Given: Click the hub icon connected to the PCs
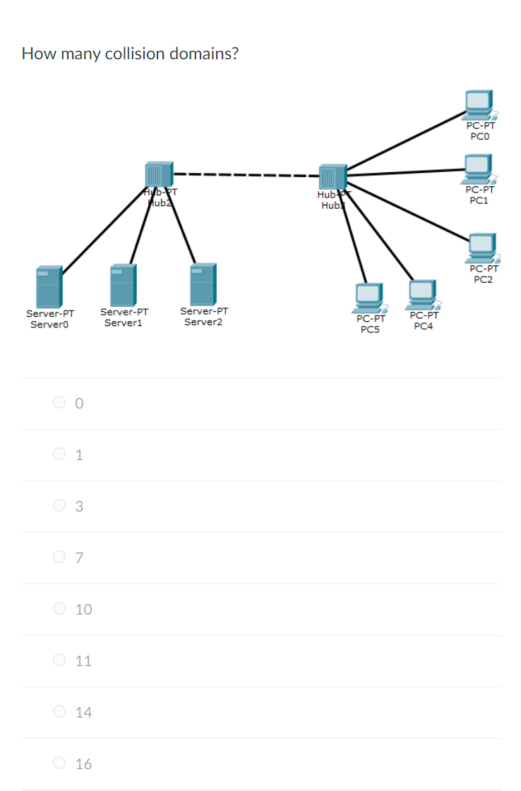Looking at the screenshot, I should (332, 177).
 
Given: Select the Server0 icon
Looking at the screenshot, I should (49, 286).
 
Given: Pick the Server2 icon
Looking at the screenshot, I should (203, 284).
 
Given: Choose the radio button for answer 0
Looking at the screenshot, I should (59, 403).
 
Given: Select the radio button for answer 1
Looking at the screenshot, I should (59, 454).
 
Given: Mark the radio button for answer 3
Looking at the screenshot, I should (59, 506).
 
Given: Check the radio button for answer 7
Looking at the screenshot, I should (59, 557).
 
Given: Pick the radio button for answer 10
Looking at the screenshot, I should (59, 609).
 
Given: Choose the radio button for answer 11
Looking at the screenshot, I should (59, 660).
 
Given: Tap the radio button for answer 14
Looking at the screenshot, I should (59, 712).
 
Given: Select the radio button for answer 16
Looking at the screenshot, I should (59, 763).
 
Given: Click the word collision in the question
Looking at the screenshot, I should (135, 54).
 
